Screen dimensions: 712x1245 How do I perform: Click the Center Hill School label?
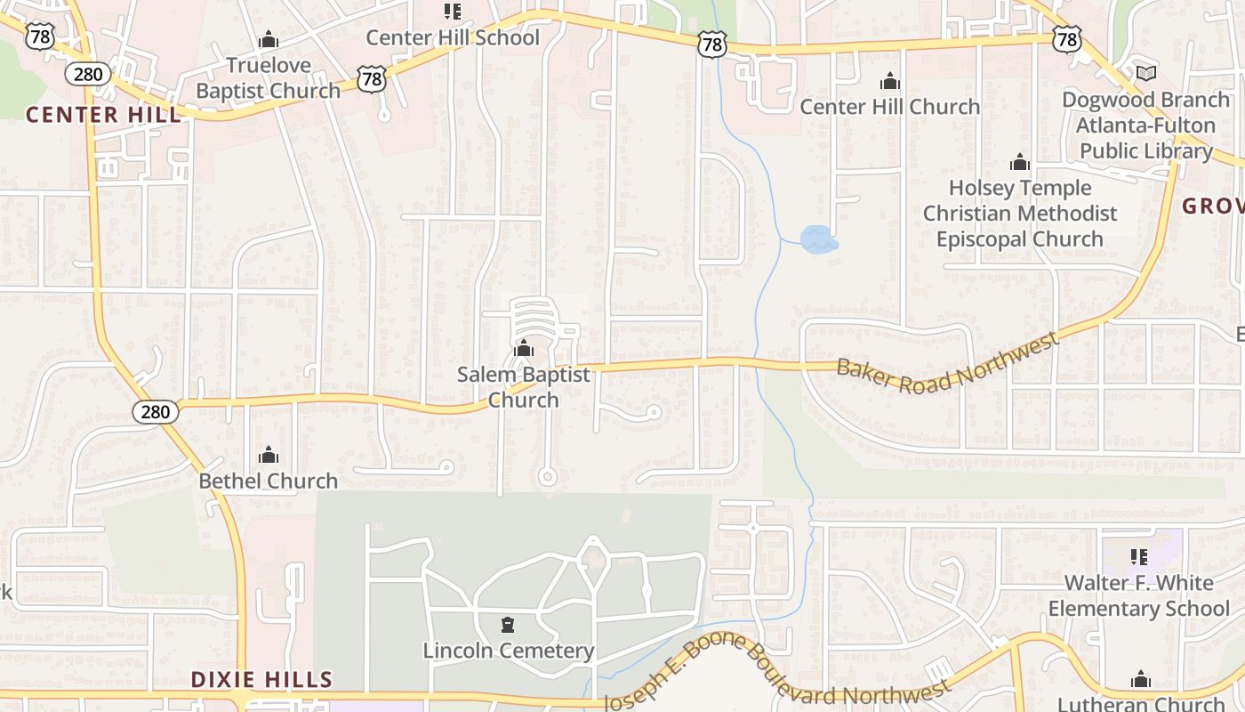(453, 37)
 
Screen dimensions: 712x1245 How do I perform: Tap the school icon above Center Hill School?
(453, 12)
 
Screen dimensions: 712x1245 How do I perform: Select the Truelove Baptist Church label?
(268, 77)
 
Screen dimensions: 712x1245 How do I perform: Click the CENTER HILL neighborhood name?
(103, 115)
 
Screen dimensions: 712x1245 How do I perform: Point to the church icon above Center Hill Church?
(889, 82)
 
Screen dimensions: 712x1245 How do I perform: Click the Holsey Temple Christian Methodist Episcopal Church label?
(1020, 214)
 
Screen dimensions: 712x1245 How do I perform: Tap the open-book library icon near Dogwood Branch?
(1146, 73)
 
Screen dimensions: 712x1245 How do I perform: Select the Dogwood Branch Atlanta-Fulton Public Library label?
(1145, 125)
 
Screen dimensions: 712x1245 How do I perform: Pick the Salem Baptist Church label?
(524, 387)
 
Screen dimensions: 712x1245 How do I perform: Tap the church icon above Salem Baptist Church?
(524, 348)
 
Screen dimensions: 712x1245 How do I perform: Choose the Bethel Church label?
(268, 481)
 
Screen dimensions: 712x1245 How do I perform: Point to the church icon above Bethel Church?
(268, 456)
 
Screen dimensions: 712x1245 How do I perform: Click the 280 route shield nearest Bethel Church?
(156, 411)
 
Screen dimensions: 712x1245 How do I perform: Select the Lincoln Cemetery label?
(508, 651)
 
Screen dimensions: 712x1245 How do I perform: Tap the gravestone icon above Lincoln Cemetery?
(508, 625)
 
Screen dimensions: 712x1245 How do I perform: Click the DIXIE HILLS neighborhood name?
(261, 680)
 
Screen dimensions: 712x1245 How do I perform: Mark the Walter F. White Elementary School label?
(1138, 595)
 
